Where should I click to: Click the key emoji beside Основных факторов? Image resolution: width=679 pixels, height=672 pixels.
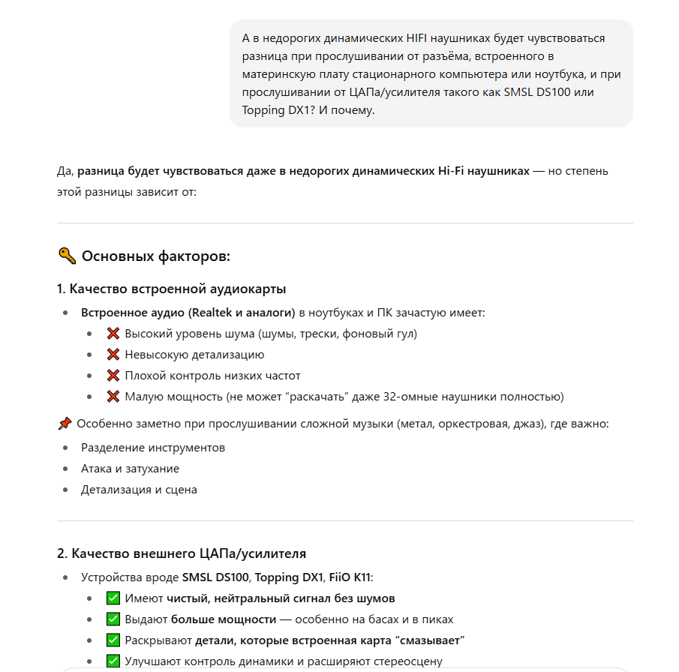tap(67, 256)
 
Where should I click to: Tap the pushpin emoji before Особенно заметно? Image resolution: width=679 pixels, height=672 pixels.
tap(65, 424)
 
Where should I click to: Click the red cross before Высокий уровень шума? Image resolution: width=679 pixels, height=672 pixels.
tap(113, 334)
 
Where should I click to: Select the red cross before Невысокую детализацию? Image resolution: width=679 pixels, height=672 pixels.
tap(113, 355)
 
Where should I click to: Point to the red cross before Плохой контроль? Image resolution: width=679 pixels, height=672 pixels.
tap(113, 376)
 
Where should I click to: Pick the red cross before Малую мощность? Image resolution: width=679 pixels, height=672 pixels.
tap(113, 397)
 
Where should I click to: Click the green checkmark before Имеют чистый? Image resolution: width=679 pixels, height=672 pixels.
tap(113, 598)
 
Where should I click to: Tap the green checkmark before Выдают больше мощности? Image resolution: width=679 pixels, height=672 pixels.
tap(113, 619)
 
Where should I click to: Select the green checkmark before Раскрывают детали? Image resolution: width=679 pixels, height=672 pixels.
tap(113, 640)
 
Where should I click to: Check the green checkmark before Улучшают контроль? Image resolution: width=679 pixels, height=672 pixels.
tap(113, 661)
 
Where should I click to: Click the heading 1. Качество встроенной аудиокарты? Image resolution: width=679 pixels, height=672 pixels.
tap(171, 289)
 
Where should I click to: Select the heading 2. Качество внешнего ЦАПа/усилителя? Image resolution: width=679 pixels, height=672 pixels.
tap(182, 553)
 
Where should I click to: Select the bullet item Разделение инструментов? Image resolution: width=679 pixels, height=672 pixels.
tap(153, 448)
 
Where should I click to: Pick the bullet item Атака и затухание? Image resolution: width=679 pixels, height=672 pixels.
tap(130, 469)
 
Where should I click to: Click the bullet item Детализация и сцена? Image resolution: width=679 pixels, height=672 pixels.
tap(139, 490)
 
